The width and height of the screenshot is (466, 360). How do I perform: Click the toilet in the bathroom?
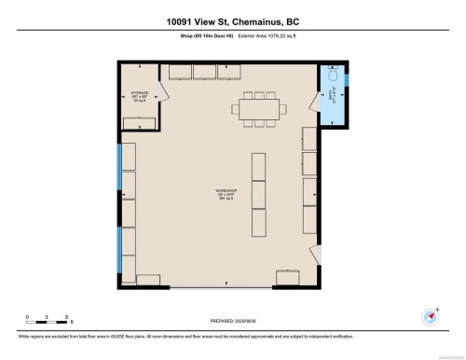[335, 81]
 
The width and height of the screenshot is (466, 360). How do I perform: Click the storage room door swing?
[164, 90]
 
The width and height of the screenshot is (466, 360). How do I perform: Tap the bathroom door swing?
[313, 100]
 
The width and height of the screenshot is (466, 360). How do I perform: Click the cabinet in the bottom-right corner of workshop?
[287, 276]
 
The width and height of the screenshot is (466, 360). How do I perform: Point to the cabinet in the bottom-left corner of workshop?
[148, 280]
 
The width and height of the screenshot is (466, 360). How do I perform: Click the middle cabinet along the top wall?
[203, 71]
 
